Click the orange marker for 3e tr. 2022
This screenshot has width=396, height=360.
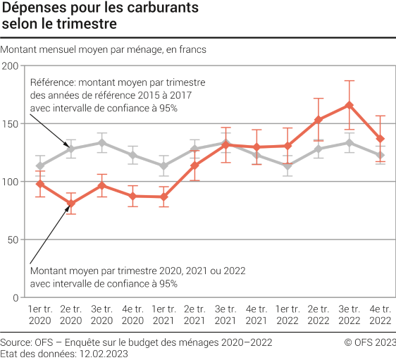pyautogui.click(x=349, y=105)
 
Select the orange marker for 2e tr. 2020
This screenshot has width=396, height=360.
pyautogui.click(x=71, y=204)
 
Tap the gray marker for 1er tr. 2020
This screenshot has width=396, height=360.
pyautogui.click(x=40, y=166)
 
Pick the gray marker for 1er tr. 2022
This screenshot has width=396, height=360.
pyautogui.click(x=287, y=166)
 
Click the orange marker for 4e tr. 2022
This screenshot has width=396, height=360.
pyautogui.click(x=380, y=139)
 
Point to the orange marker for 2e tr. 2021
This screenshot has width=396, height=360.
pyautogui.click(x=194, y=166)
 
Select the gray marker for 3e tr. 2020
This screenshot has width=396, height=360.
pyautogui.click(x=102, y=143)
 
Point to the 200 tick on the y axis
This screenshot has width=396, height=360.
pyautogui.click(x=10, y=66)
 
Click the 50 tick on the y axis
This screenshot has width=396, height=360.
pyautogui.click(x=13, y=240)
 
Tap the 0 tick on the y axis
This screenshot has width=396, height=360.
pyautogui.click(x=16, y=297)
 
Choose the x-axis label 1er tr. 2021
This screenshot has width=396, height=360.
pyautogui.click(x=163, y=314)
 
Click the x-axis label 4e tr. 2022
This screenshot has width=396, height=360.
pyautogui.click(x=380, y=314)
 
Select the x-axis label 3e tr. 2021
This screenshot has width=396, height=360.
pyautogui.click(x=225, y=314)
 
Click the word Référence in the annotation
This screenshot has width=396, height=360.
pyautogui.click(x=50, y=82)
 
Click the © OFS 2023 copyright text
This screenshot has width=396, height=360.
pyautogui.click(x=370, y=342)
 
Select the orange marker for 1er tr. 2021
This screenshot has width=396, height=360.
pyautogui.click(x=163, y=197)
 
